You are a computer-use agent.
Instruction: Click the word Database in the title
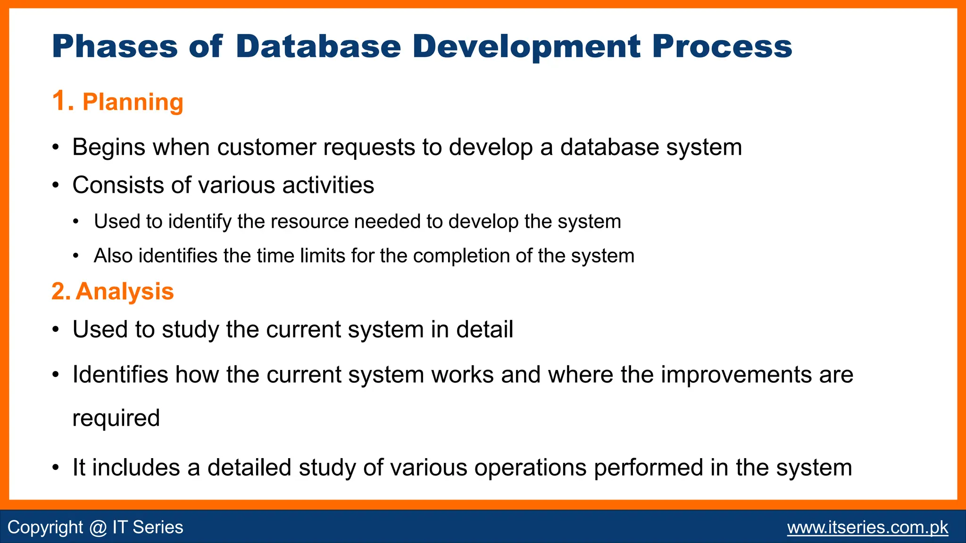pyautogui.click(x=318, y=46)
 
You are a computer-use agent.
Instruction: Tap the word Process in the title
pyautogui.click(x=722, y=46)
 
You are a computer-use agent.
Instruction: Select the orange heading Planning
pyautogui.click(x=133, y=102)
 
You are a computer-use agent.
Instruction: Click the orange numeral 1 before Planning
pyautogui.click(x=60, y=101)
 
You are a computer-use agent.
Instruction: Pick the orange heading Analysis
pyautogui.click(x=125, y=291)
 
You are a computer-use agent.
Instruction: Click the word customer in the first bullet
pyautogui.click(x=266, y=147)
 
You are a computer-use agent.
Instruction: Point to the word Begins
pyautogui.click(x=109, y=147)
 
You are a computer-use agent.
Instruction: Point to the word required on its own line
pyautogui.click(x=116, y=418)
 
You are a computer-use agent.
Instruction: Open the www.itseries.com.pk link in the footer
pyautogui.click(x=867, y=527)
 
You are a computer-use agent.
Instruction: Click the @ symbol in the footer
pyautogui.click(x=98, y=527)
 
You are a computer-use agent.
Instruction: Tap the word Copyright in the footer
pyautogui.click(x=45, y=527)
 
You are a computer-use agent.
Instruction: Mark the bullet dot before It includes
pyautogui.click(x=56, y=469)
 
